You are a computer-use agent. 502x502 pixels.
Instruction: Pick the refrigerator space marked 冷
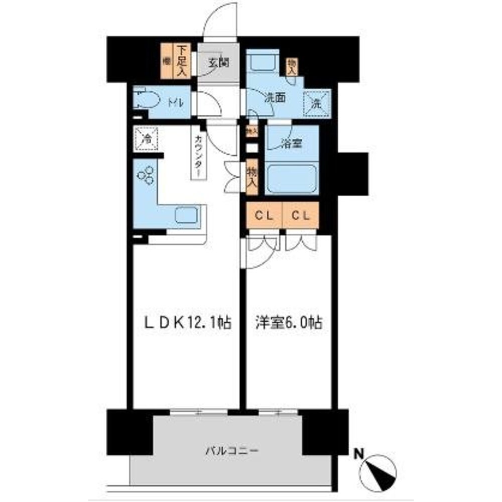click(x=147, y=137)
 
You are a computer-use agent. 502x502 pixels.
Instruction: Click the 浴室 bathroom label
click(x=291, y=144)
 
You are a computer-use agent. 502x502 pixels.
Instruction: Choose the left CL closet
click(x=264, y=216)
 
